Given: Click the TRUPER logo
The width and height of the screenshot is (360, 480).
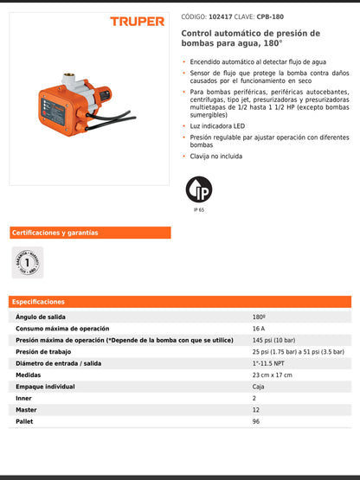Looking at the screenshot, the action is tap(138, 22).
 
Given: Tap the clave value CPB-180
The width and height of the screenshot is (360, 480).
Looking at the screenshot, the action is tap(273, 16).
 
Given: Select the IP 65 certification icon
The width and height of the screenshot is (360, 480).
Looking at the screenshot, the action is tap(199, 189).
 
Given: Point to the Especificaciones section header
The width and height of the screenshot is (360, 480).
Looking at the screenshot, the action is tap(38, 302).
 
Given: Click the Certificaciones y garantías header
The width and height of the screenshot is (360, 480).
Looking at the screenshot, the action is tap(55, 233).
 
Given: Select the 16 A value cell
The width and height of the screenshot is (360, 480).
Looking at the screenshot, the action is tap(259, 329).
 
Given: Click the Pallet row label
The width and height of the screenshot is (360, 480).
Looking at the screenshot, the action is tap(25, 421).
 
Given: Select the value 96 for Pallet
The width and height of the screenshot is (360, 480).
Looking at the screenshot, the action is tap(256, 421).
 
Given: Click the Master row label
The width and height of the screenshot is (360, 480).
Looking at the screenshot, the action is tap(27, 410).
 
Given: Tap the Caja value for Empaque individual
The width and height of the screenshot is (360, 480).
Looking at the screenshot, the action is tap(258, 387).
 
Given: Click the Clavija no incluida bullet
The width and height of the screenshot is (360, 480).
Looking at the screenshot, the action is tap(217, 157).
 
